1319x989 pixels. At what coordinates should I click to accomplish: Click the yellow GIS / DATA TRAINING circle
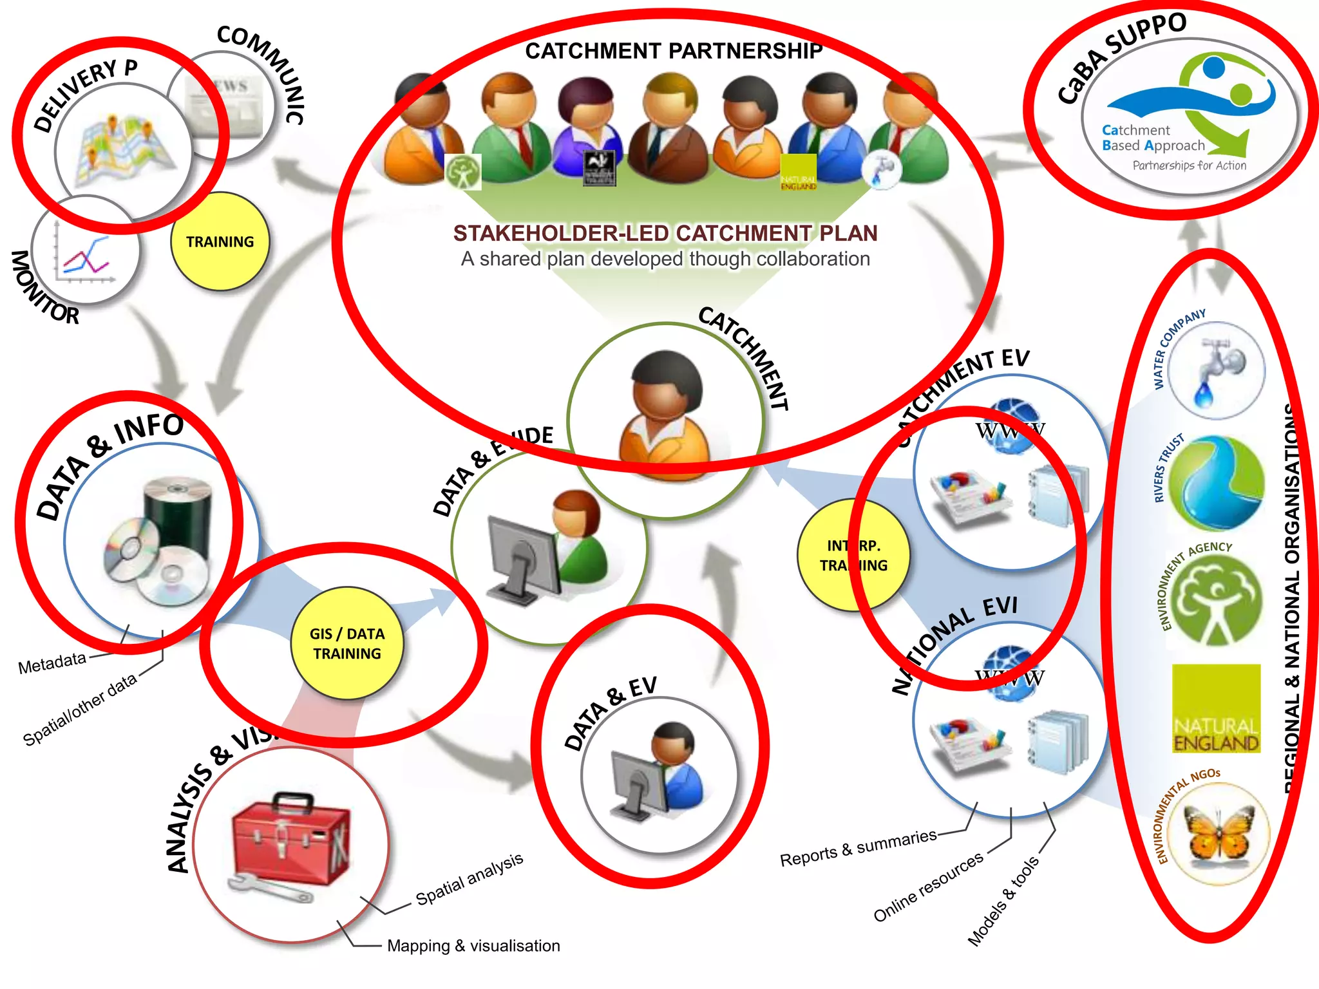click(347, 643)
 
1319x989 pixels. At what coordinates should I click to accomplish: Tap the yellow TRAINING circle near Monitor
click(220, 241)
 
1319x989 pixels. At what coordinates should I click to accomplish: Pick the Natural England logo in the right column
click(1215, 708)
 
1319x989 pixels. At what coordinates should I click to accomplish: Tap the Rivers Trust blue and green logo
click(1215, 483)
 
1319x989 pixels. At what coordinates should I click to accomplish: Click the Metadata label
click(52, 663)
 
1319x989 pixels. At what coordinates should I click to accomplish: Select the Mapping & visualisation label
click(473, 945)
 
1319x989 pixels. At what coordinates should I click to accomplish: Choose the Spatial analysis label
click(469, 878)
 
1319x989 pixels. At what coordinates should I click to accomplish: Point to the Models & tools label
click(1003, 901)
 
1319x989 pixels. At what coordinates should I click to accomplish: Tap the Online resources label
click(928, 886)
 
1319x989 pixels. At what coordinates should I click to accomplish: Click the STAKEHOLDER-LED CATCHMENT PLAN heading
click(665, 233)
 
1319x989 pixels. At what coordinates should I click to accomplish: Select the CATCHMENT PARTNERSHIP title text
click(673, 51)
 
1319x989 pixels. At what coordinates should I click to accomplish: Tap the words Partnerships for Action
click(1189, 165)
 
